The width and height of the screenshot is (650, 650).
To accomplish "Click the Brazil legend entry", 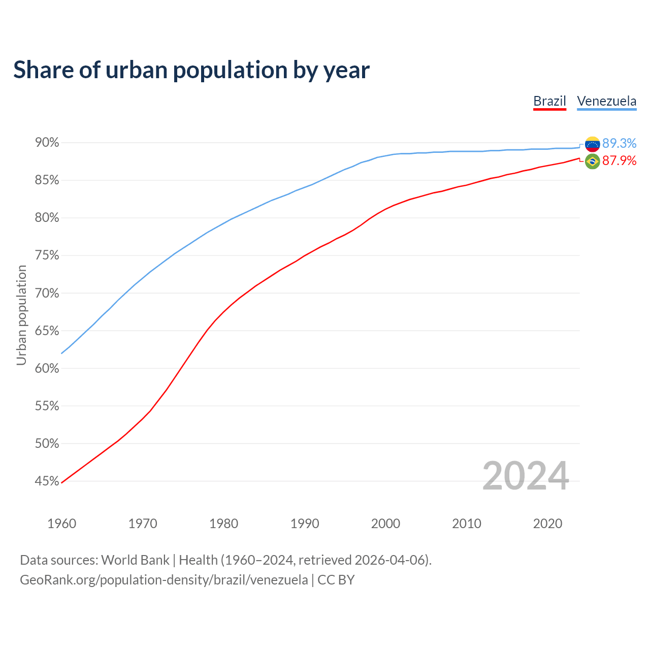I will pos(549,101).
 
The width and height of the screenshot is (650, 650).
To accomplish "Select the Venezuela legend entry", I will pos(606,101).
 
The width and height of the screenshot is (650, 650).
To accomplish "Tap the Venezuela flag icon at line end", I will pos(592,144).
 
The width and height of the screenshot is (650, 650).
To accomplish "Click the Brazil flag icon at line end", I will pos(592,161).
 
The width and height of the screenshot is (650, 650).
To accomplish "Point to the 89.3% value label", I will pos(619,144).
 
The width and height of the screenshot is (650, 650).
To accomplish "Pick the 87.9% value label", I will pos(619,161).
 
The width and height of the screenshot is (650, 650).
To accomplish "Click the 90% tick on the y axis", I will pos(47,143).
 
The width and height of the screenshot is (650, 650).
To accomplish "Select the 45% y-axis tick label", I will pos(47,481).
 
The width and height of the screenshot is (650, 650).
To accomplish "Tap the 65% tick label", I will pos(47,331).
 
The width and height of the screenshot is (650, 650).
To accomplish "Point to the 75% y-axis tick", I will pos(47,255).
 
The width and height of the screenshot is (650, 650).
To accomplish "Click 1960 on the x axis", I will pos(61,524).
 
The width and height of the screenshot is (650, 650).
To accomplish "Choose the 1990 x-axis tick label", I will pos(305,524).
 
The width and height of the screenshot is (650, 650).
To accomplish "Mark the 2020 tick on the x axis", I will pos(547,524).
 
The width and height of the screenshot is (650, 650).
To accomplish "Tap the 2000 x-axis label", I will pos(385,524).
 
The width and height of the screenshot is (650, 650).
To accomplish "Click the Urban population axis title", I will pos(21,315).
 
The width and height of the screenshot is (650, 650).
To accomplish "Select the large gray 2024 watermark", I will pos(526,476).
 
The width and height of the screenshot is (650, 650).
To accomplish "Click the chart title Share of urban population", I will pos(191,70).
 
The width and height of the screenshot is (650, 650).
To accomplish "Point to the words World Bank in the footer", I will pos(135,560).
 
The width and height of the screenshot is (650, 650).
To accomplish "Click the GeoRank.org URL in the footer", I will pos(164,580).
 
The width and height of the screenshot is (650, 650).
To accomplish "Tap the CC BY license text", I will pos(336,580).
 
